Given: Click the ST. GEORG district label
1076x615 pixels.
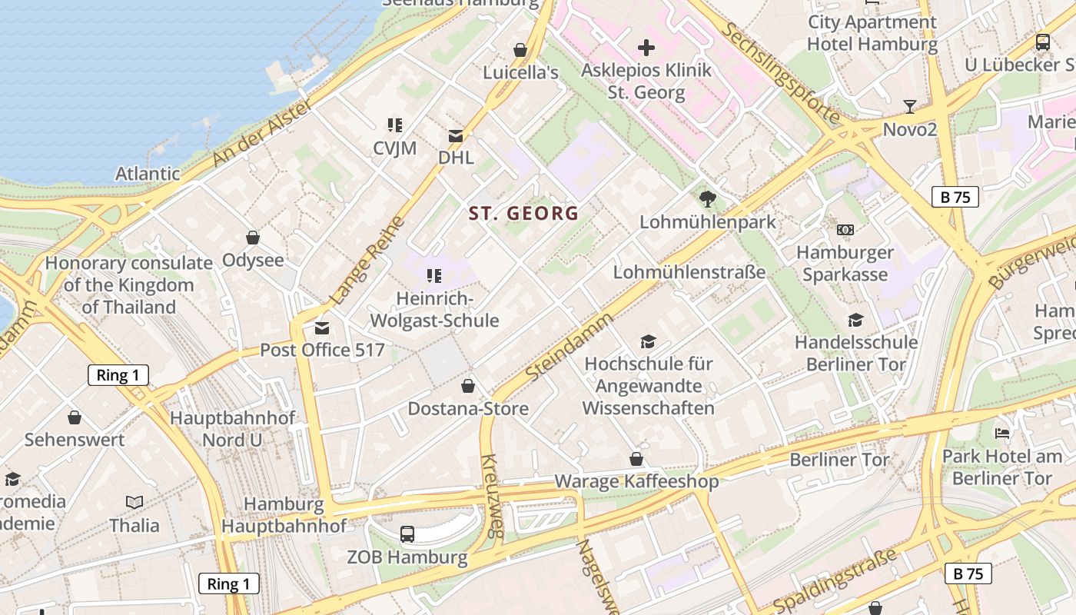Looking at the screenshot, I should (x=523, y=213).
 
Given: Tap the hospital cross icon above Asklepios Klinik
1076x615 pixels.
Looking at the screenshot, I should (x=646, y=48).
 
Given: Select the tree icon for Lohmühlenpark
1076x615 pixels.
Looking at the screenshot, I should (x=708, y=199).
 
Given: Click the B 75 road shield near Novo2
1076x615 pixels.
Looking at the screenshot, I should (x=955, y=197).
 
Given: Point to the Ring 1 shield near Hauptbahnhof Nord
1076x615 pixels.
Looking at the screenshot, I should (x=118, y=375).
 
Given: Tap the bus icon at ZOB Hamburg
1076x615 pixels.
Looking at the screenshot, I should (x=407, y=534).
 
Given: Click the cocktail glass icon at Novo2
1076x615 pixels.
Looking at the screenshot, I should (x=910, y=106).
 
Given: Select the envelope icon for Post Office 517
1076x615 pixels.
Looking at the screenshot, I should (x=322, y=328).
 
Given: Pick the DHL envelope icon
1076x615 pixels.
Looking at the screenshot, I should (x=456, y=136).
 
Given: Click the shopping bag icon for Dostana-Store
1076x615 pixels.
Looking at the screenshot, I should (x=468, y=386).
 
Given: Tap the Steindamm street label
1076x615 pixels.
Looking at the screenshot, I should (x=570, y=346).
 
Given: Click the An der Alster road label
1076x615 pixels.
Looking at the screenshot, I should (x=261, y=133).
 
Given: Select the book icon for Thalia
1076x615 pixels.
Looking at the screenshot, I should (x=134, y=502).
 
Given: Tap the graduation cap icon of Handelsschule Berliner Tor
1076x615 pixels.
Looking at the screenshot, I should (x=855, y=320).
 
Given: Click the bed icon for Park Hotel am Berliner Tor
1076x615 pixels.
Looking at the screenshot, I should (x=1002, y=434).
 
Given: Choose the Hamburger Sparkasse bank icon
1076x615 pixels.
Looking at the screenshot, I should (x=845, y=230).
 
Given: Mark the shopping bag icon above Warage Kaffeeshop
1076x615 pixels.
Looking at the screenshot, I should (x=636, y=459).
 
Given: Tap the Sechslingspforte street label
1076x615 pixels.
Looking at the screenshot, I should (x=781, y=74).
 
